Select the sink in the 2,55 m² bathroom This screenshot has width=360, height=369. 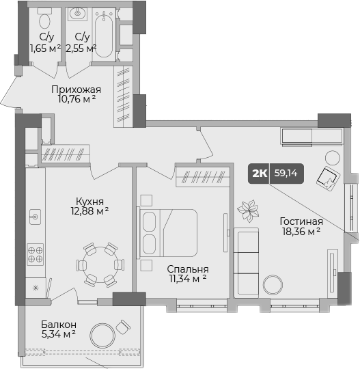[79, 13]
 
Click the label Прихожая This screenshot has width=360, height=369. [77, 90]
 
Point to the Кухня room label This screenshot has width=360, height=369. [90, 202]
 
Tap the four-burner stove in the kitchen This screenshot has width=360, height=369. [35, 255]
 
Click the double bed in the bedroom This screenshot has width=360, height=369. [168, 232]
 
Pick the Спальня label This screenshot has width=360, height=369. [188, 269]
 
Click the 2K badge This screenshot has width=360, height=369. [260, 174]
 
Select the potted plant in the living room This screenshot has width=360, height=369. [247, 210]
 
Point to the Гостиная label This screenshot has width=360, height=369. [301, 221]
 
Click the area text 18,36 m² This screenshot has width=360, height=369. [301, 232]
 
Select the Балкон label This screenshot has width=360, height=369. [58, 324]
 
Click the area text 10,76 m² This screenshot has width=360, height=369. [77, 100]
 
